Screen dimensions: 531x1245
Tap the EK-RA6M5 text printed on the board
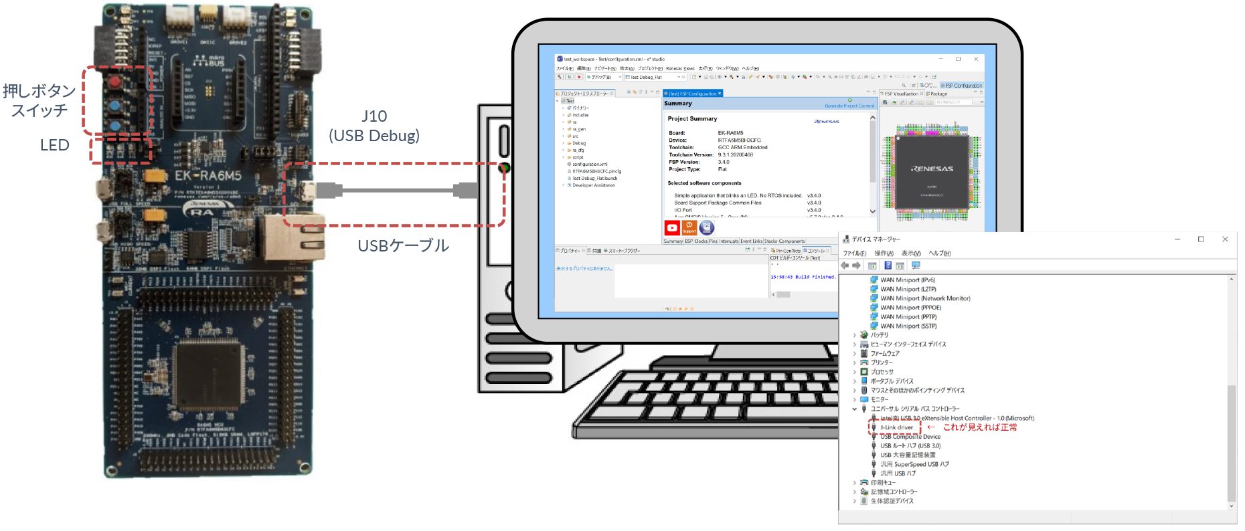coord(207,176)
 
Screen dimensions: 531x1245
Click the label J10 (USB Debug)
coord(374,126)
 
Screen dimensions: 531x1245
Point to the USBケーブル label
coord(403,245)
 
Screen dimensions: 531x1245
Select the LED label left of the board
coord(55,145)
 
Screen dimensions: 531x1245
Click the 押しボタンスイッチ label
coord(39,100)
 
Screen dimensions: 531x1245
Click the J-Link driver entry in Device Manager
coord(896,427)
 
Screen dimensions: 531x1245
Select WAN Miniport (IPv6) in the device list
coord(907,280)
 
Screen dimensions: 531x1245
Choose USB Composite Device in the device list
coord(910,437)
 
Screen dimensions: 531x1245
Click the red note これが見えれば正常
coord(980,427)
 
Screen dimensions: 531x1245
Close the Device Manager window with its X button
coord(1225,239)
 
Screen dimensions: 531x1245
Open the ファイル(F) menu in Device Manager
coord(854,253)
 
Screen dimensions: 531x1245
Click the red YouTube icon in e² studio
coord(672,228)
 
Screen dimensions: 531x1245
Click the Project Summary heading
coord(692,118)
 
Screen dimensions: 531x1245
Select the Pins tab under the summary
coord(713,241)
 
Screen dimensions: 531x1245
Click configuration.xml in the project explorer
coord(589,165)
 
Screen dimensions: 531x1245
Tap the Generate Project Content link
coord(849,106)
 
